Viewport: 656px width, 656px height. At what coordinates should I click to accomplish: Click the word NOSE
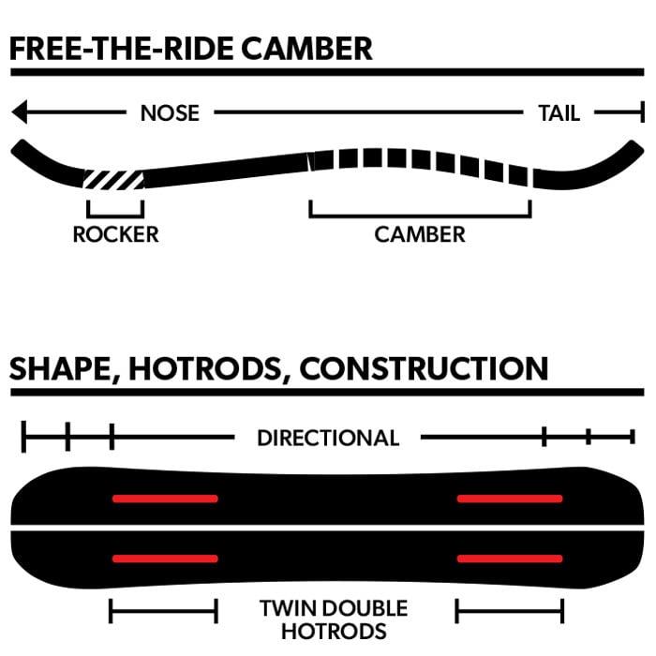[x=170, y=113]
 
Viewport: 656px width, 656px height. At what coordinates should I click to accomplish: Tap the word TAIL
[x=559, y=113]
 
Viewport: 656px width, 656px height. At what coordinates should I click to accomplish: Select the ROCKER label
[x=115, y=234]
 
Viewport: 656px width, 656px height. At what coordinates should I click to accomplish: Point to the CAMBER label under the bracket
[x=420, y=234]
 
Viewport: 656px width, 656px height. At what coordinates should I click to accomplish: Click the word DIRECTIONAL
[x=328, y=438]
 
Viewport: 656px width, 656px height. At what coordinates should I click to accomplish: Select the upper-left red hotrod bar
[x=165, y=499]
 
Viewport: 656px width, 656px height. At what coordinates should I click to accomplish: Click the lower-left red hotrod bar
[x=165, y=559]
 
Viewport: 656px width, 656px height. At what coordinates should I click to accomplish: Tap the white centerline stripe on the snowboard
[x=328, y=529]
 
